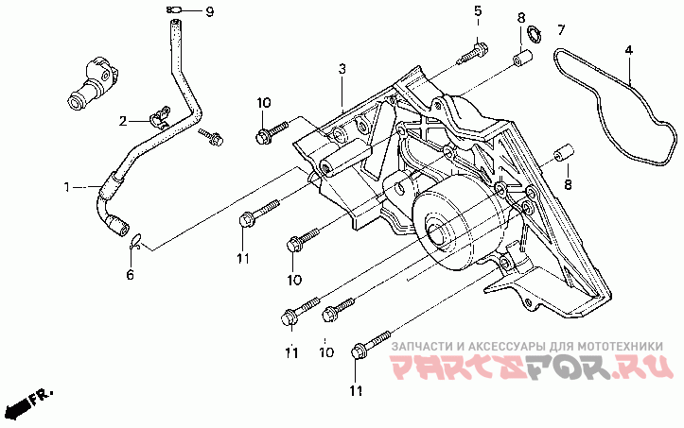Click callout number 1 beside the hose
coord(67,187)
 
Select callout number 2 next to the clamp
coord(123,121)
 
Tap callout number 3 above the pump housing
coord(342,69)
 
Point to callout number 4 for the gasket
coord(628,50)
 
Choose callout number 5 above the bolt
coord(478,11)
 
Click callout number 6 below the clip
coord(130,275)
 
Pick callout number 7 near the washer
coord(561,30)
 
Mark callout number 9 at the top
coord(210,11)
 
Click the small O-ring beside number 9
coord(174,10)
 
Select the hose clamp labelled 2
coord(160,117)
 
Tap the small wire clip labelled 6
coord(136,242)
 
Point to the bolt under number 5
coord(472,52)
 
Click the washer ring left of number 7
coord(534,35)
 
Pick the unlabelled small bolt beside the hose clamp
coord(211,136)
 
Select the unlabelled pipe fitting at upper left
coord(94,82)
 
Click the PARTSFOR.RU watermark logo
coord(531,367)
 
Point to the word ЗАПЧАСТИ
coord(420,347)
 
